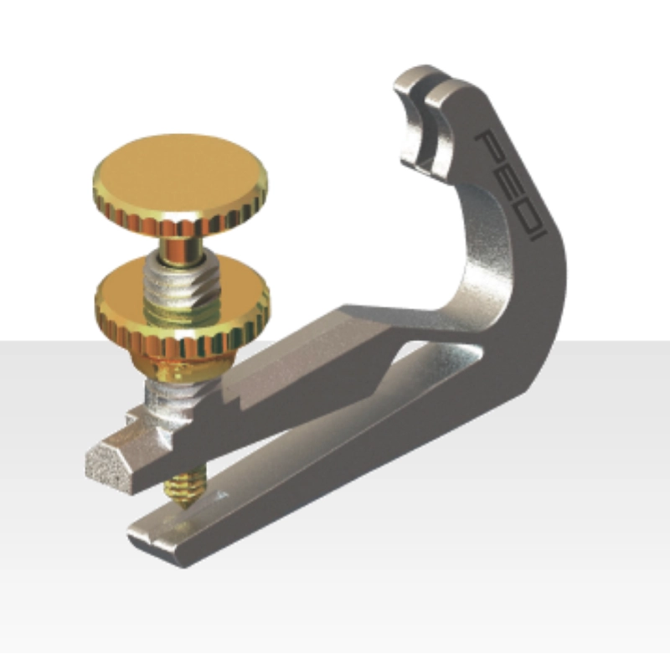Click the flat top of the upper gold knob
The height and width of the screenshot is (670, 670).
pyautogui.click(x=179, y=173)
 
